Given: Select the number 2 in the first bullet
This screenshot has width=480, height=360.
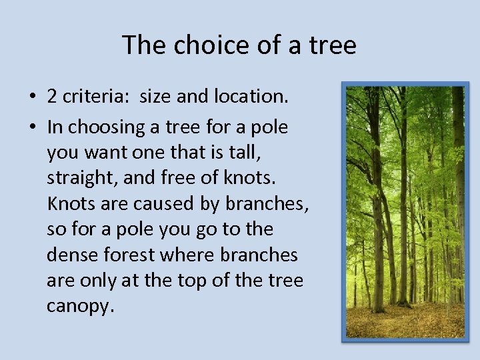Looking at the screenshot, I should point(52,97).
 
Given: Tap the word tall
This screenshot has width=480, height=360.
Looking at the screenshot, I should point(245,153).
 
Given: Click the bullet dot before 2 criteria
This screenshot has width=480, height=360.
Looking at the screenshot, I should point(32,97).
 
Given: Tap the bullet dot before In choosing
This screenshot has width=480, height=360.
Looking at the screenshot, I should point(32,127).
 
